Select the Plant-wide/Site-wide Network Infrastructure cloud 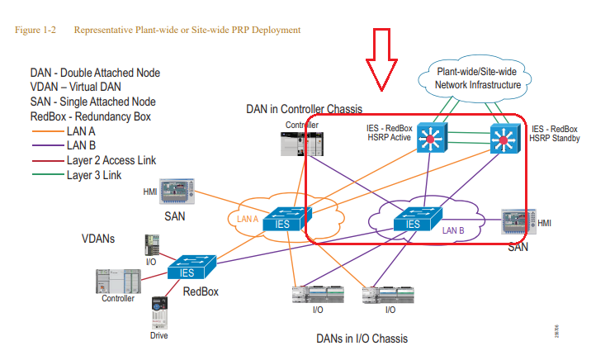[471, 79]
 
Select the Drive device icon [159, 315]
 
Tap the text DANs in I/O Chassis [362, 339]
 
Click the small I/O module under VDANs [151, 245]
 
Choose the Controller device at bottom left [117, 281]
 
